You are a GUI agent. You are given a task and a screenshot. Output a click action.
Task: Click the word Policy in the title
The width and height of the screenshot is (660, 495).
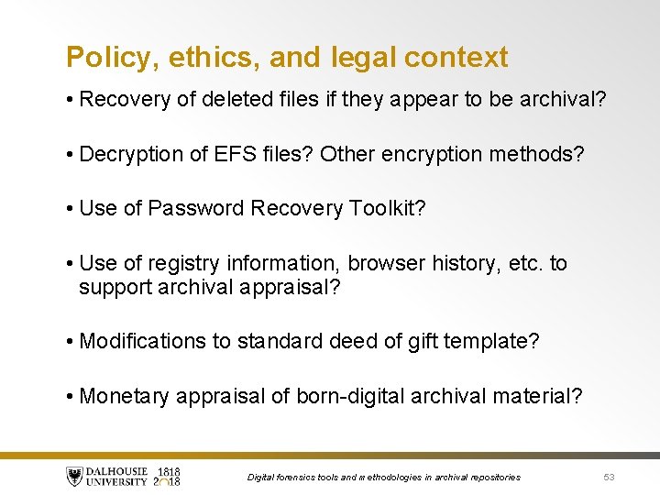(102, 58)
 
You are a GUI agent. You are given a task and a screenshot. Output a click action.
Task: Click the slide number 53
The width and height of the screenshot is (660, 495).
(610, 477)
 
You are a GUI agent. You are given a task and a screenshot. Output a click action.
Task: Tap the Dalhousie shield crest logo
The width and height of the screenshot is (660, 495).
(74, 477)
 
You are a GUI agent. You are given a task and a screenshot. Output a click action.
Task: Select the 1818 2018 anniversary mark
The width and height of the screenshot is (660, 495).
(167, 477)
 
